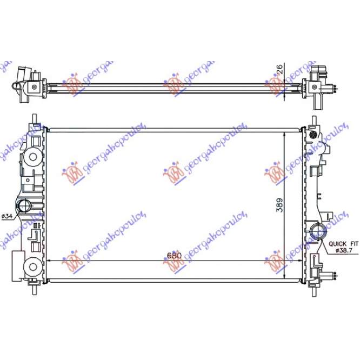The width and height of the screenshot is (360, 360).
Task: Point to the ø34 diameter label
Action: [8, 216]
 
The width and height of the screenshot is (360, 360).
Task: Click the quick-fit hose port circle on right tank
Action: [319, 232]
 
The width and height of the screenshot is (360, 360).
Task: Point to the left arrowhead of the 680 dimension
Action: [50, 245]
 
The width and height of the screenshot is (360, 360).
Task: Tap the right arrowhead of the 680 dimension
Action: [297, 245]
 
